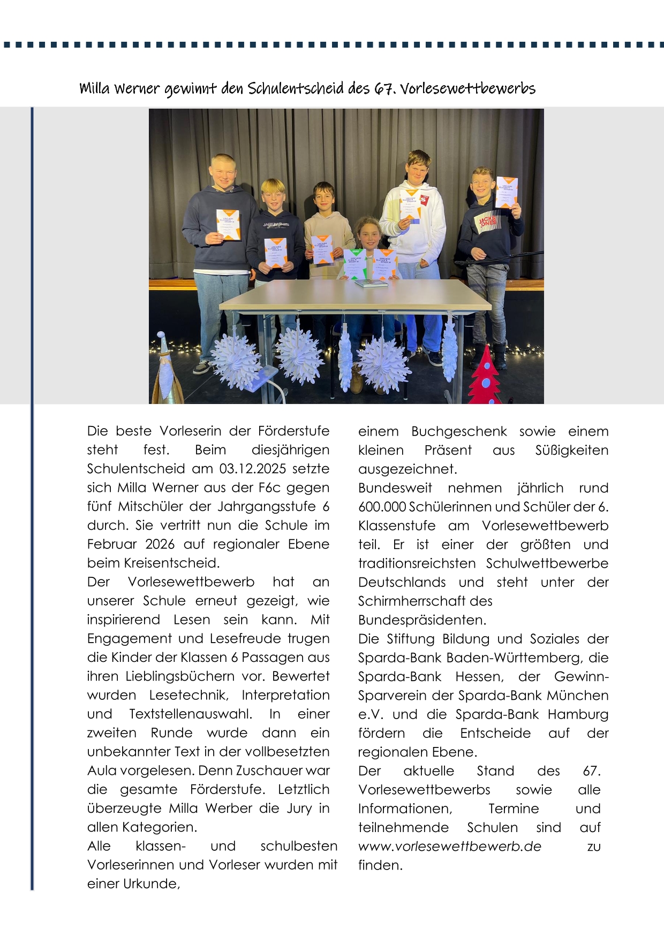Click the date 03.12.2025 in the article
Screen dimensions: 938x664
pos(252,469)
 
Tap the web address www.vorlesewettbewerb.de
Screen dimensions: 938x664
pos(450,847)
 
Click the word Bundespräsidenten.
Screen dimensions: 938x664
pos(422,620)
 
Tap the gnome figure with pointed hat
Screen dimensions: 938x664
pos(165,369)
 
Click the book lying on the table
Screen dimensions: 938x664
pos(371,283)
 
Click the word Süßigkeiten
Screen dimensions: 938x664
pos(571,450)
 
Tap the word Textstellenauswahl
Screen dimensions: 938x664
pos(191,714)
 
